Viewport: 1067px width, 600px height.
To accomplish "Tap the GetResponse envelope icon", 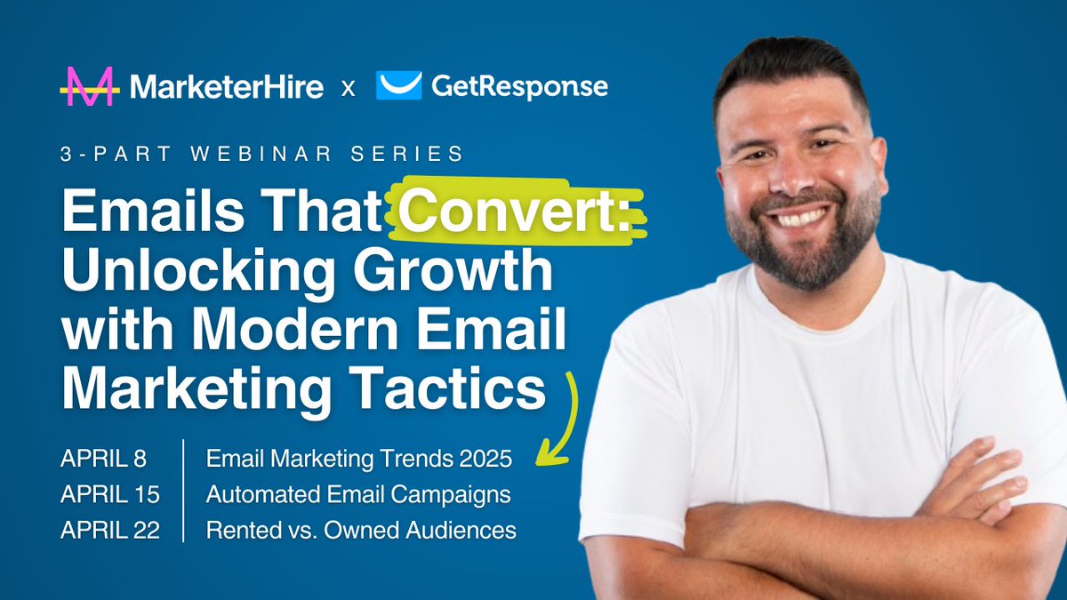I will click(398, 86).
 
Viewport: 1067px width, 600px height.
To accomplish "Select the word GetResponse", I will click(519, 86).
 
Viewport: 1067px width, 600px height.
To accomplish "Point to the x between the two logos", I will click(349, 88).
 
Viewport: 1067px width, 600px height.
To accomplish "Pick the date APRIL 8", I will click(103, 460).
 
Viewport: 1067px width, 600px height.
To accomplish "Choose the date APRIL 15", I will click(109, 494).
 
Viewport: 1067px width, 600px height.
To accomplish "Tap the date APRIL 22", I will click(110, 530).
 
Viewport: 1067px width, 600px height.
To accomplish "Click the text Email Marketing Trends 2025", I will click(359, 460).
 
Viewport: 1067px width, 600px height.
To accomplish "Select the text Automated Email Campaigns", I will click(358, 494).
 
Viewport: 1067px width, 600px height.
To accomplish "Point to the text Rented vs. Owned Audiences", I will click(361, 530).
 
